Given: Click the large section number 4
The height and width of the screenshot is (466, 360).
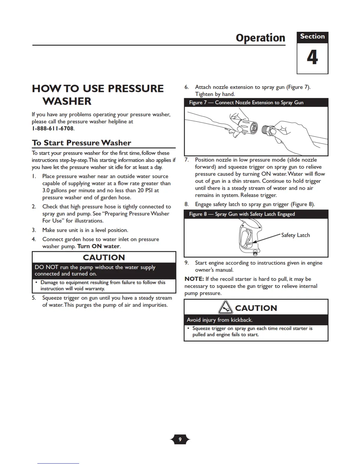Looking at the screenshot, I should click(312, 57).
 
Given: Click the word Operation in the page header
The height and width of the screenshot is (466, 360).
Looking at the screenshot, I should click(260, 38).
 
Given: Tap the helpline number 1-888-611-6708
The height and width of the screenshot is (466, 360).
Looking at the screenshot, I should click(53, 129).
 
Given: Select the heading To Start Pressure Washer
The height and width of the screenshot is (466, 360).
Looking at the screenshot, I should click(81, 143).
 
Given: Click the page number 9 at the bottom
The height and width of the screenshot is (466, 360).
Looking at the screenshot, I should click(180, 440).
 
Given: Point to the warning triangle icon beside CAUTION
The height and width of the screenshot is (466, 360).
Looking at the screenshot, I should click(226, 308).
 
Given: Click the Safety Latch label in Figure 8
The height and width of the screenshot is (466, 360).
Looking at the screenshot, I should click(295, 235).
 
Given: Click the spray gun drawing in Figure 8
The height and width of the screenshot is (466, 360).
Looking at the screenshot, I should click(250, 237).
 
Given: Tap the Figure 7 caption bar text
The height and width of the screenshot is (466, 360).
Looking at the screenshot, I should click(246, 102).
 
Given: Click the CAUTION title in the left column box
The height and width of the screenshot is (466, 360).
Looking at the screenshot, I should click(104, 257).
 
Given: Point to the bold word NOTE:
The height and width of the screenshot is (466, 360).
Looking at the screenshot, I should click(194, 279).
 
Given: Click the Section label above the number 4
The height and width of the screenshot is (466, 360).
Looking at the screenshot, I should click(312, 36).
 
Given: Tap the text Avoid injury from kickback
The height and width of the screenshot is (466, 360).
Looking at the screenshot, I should click(220, 320).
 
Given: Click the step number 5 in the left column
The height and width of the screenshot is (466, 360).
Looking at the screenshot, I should click(34, 298).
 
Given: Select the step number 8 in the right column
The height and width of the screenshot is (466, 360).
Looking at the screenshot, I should click(186, 204).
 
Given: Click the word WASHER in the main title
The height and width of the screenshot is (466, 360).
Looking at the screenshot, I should click(67, 101).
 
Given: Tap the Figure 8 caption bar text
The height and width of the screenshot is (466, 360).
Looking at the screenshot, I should click(242, 214).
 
